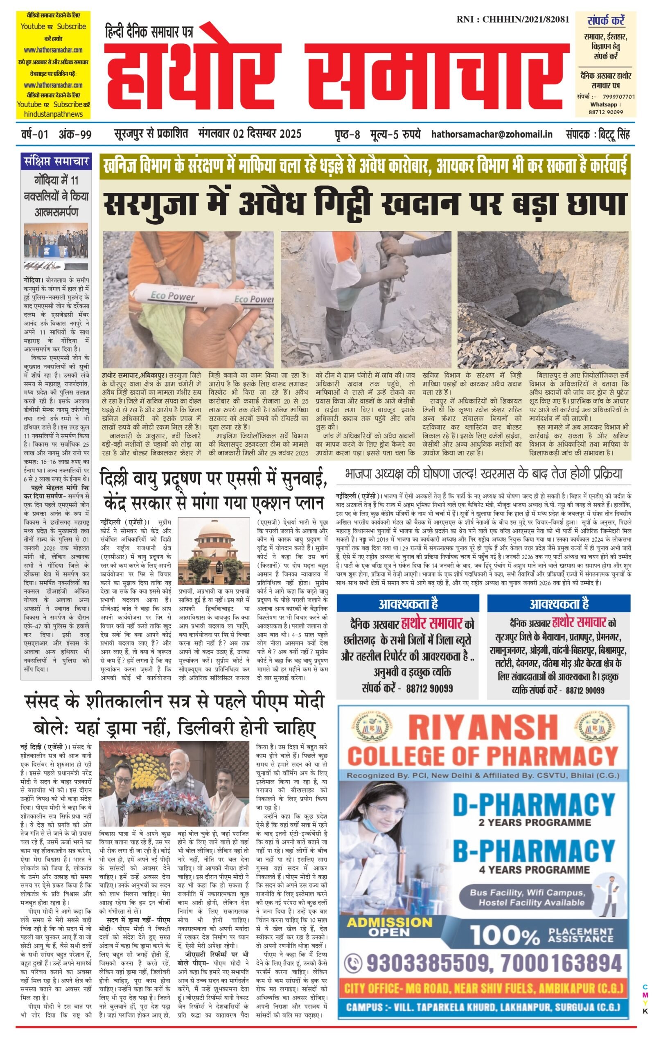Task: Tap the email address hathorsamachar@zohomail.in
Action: [x=492, y=134]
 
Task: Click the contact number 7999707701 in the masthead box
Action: [x=618, y=97]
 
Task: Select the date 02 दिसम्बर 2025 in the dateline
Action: [x=267, y=134]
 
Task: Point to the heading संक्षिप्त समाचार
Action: [x=56, y=162]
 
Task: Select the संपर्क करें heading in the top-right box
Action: [x=606, y=20]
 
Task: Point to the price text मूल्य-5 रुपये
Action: [x=395, y=134]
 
